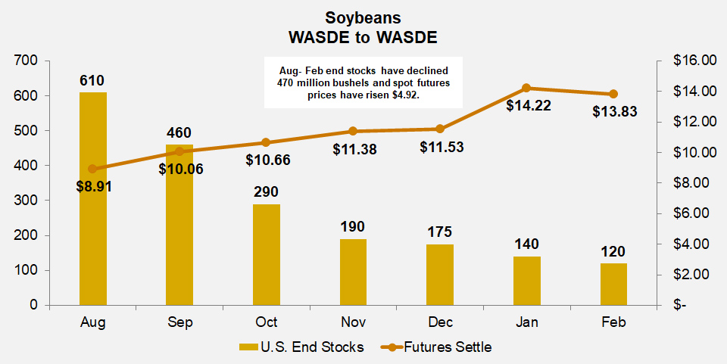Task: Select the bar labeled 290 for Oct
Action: click(x=267, y=254)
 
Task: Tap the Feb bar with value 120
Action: click(x=614, y=284)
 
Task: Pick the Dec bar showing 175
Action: click(x=440, y=274)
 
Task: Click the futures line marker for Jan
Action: click(x=527, y=88)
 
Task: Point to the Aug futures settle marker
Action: click(x=92, y=169)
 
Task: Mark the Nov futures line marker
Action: click(x=353, y=132)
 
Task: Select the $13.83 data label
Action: click(x=614, y=111)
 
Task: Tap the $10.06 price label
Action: click(x=181, y=169)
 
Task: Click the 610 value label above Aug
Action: click(x=92, y=80)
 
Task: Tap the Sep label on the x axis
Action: click(x=179, y=323)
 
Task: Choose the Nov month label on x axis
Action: click(x=353, y=323)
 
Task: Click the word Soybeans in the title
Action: click(x=363, y=17)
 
